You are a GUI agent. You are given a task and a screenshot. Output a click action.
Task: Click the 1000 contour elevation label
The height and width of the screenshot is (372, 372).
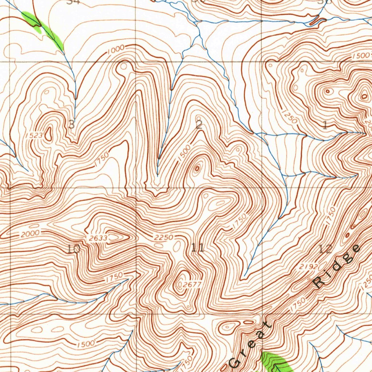pos(116,50)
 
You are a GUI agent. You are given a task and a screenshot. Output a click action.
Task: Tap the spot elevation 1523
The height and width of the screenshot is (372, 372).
pos(35,136)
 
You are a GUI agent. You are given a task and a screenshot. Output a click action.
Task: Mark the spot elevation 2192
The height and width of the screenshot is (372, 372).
pos(309,267)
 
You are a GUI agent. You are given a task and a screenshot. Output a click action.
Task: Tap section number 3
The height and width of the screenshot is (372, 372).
pos(72,125)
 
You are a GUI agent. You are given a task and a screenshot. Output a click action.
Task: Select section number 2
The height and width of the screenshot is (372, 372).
pos(199,125)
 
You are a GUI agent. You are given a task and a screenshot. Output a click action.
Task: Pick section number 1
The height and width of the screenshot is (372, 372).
pos(325,126)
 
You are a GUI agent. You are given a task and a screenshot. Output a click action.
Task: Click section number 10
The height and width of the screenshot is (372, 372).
pos(73,249)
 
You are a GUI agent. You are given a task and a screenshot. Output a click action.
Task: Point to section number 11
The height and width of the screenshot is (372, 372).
pos(198,248)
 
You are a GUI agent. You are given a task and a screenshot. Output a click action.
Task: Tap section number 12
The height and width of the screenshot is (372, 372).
pos(325,249)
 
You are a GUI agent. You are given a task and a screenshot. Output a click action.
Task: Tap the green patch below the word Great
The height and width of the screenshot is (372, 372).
pos(276,361)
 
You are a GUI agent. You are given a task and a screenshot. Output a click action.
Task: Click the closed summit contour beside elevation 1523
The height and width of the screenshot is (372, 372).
pos(49,134)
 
